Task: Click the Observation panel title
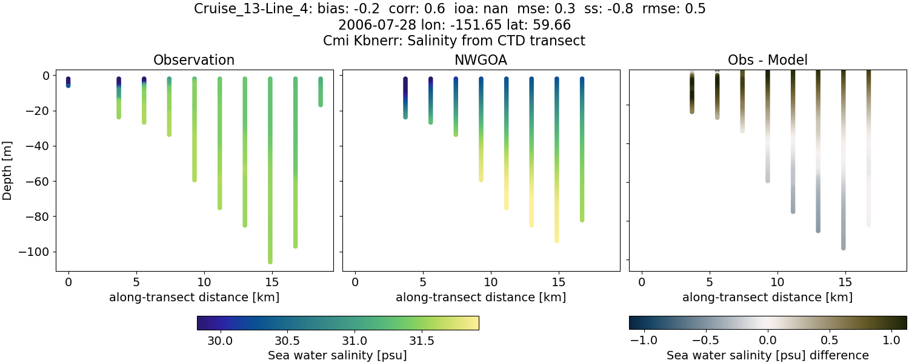[194, 60]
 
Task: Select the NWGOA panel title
[481, 60]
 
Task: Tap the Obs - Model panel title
[768, 60]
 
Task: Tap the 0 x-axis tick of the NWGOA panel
[355, 283]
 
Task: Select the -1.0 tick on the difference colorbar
[644, 341]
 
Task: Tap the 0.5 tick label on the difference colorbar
[830, 341]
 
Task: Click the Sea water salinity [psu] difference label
[768, 355]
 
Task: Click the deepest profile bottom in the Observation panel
[270, 261]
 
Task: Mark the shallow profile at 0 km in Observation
[68, 82]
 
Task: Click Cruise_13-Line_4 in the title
[253, 9]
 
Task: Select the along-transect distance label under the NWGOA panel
[481, 297]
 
